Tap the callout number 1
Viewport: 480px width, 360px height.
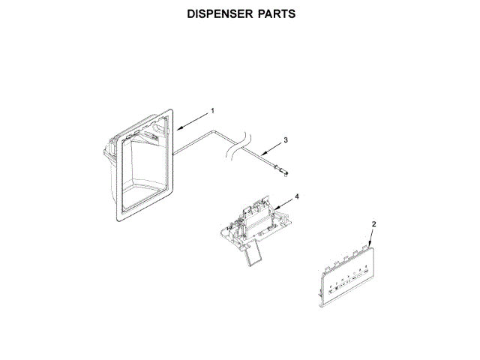point(212,110)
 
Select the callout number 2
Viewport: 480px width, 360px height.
point(374,224)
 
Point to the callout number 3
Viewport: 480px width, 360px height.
point(285,139)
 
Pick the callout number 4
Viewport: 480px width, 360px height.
point(296,196)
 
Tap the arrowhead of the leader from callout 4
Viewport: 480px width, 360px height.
point(273,208)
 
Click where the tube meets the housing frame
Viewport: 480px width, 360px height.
point(174,154)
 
